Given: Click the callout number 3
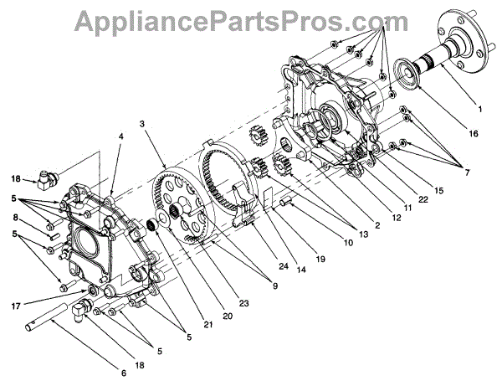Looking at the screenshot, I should point(144,124).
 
